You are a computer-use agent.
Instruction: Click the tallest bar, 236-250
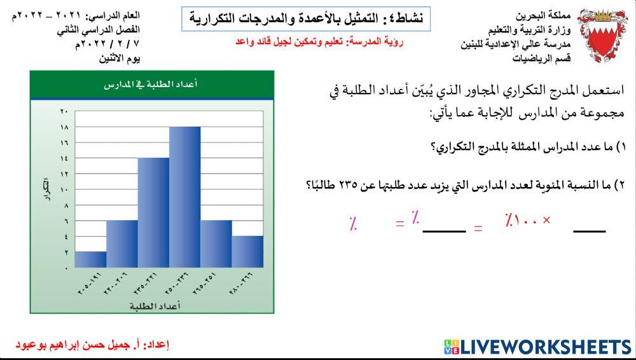[x=184, y=197]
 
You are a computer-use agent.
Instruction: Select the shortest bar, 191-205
[x=90, y=259]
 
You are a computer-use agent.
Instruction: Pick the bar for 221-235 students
[x=153, y=212]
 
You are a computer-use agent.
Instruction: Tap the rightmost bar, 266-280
[x=247, y=251]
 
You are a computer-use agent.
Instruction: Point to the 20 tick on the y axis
[x=64, y=112]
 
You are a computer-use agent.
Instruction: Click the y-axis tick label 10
[x=64, y=190]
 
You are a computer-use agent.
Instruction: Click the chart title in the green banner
[x=151, y=84]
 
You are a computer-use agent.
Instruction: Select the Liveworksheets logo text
[x=545, y=347]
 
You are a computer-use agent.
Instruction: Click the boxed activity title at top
[x=306, y=18]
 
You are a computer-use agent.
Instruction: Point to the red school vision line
[x=319, y=41]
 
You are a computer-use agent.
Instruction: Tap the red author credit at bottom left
[x=92, y=345]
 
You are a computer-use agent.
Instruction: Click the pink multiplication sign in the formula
[x=546, y=221]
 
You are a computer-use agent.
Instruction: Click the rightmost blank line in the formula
[x=589, y=230]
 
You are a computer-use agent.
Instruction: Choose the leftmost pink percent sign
[x=352, y=223]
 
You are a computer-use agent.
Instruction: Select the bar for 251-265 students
[x=216, y=244]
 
